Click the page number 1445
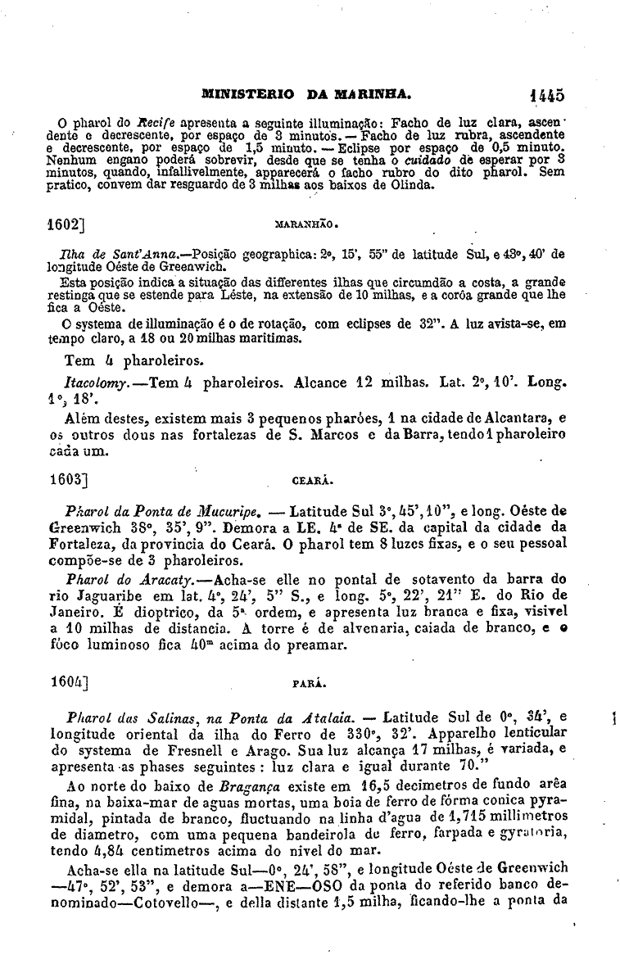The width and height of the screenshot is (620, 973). pyautogui.click(x=546, y=94)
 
